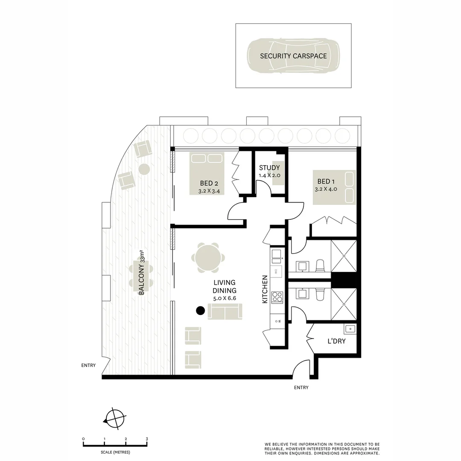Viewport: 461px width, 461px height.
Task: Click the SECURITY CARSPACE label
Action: click(293, 56)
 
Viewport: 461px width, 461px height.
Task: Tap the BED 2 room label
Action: click(210, 183)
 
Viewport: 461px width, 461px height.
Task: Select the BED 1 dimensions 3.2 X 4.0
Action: click(326, 189)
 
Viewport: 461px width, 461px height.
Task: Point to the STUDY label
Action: click(269, 168)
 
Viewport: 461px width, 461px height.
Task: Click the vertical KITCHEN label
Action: click(265, 289)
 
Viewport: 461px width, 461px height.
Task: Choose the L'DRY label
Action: click(336, 341)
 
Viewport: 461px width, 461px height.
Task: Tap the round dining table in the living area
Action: click(208, 258)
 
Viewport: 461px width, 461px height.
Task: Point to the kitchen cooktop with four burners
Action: click(277, 297)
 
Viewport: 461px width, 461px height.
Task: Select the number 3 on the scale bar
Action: click(146, 439)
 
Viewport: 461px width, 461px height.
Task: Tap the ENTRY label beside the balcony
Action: click(88, 365)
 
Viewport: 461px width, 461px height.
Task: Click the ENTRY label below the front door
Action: click(301, 388)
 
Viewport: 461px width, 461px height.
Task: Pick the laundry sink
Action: click(350, 329)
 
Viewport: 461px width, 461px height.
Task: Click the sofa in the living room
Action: click(225, 311)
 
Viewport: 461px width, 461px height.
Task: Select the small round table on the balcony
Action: click(144, 169)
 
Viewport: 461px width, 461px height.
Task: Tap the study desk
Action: click(278, 178)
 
